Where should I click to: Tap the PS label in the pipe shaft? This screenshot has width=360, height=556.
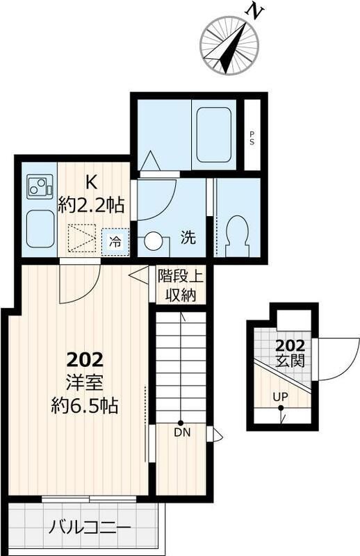[x=252, y=138]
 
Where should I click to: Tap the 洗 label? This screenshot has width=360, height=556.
[x=188, y=237]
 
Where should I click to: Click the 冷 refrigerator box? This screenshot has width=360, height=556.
[x=115, y=242]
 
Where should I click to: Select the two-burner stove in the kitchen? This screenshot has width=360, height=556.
[x=38, y=187]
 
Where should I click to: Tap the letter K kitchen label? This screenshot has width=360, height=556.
[x=91, y=182]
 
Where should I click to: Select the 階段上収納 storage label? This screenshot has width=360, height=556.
[x=181, y=285]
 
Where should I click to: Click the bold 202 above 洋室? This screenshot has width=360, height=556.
[x=85, y=360]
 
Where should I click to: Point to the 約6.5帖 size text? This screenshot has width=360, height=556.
[x=85, y=405]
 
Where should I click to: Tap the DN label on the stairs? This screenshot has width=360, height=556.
[x=180, y=433]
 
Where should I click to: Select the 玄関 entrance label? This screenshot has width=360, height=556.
[x=288, y=361]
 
